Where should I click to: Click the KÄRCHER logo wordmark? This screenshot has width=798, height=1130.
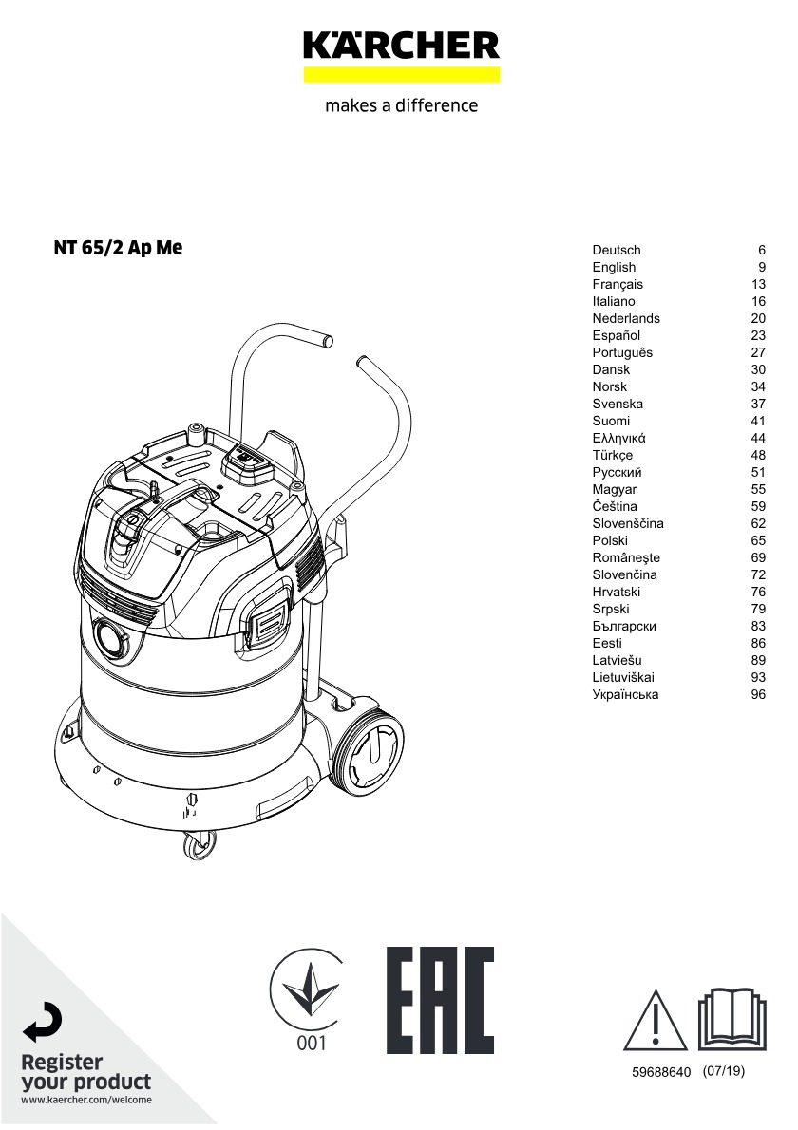[401, 46]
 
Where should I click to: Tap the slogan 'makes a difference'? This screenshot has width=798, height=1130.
[401, 105]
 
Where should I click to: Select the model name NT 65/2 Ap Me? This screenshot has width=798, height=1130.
[118, 248]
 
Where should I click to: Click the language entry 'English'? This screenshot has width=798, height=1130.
[614, 268]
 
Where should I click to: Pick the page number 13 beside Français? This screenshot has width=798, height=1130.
[758, 284]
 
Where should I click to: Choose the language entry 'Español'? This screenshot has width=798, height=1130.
[616, 336]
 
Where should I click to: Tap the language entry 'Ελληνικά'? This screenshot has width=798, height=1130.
[618, 438]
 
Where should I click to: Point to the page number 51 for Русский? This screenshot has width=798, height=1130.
[758, 472]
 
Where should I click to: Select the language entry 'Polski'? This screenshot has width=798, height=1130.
[610, 540]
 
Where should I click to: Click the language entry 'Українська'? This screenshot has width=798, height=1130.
[625, 695]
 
